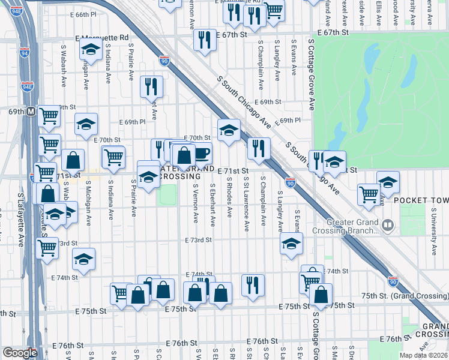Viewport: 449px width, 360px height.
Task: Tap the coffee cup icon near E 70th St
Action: point(201,154)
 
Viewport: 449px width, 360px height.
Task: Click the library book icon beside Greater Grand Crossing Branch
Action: point(388,226)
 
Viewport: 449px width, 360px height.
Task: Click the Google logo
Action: point(19,353)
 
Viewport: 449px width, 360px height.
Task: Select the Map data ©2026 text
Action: point(423,355)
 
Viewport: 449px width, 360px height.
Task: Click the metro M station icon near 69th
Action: point(30,112)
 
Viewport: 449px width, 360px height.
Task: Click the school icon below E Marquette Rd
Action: point(91,50)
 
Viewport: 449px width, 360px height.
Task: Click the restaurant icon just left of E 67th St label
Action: point(205,40)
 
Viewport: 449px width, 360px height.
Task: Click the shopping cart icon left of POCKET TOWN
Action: point(369,194)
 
